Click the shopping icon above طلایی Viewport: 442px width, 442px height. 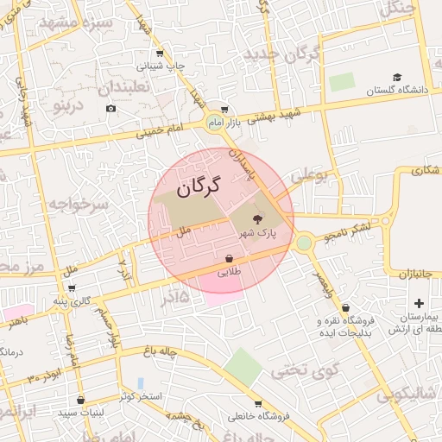229,258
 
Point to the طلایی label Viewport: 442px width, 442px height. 228,272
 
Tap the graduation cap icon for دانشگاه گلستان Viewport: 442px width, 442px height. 396,78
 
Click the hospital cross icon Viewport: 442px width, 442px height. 419,303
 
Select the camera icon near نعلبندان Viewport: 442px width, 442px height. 110,108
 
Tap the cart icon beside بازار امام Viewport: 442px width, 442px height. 224,110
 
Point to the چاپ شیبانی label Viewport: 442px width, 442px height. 158,66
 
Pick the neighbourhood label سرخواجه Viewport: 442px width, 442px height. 78,205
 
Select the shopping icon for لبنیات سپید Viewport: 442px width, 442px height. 81,400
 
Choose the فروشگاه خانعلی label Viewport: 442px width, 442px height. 256,416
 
